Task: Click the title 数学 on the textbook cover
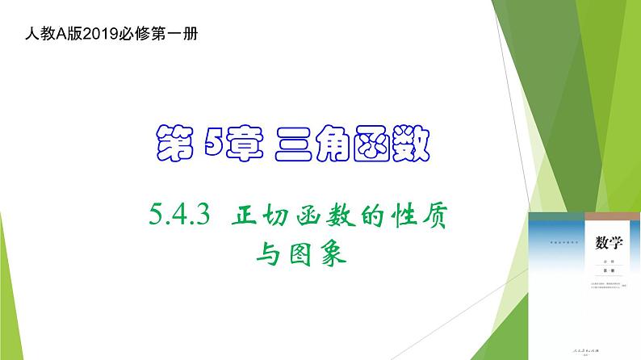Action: pos(606,243)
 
